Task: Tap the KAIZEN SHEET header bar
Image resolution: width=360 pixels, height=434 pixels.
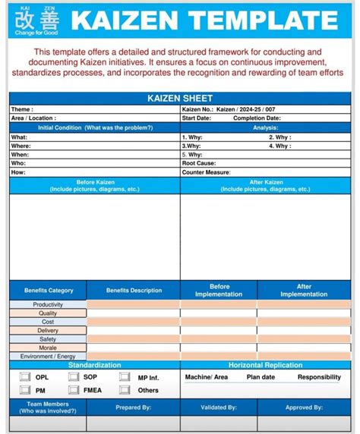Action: [x=180, y=99]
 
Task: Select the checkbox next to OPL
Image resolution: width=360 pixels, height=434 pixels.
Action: [x=24, y=376]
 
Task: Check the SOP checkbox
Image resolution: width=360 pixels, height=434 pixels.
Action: [x=74, y=376]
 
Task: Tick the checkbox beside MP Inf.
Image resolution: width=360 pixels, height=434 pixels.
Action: [x=124, y=376]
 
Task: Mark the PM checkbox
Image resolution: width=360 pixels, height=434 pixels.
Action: [x=24, y=390]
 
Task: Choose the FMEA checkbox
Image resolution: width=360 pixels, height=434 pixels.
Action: [x=74, y=390]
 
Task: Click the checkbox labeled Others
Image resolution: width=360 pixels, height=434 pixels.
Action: [x=124, y=390]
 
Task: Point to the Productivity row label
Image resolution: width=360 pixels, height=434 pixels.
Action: [x=48, y=304]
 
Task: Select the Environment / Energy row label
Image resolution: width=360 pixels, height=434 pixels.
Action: [x=48, y=356]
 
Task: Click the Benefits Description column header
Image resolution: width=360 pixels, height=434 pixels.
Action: [x=134, y=290]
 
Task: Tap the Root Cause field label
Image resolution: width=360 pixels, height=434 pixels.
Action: [x=199, y=163]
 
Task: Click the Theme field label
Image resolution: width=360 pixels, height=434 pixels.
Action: [x=21, y=110]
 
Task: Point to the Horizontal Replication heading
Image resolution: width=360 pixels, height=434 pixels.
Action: [x=266, y=365]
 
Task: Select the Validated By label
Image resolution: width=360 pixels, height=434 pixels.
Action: [x=219, y=407]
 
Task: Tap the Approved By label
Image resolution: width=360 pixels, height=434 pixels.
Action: [x=304, y=407]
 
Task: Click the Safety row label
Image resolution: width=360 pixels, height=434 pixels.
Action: [x=48, y=339]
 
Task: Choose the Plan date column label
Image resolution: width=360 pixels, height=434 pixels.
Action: [x=261, y=377]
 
